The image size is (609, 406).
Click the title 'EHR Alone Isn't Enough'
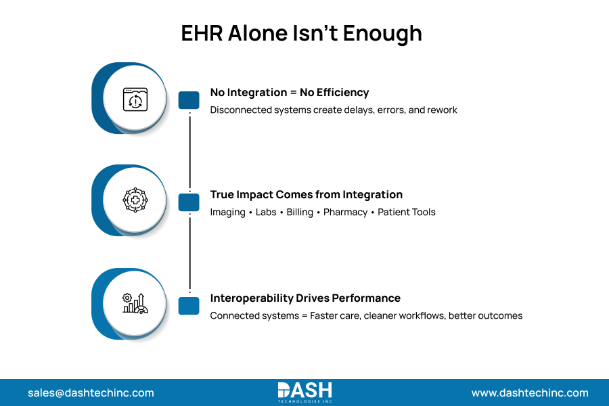point(301,33)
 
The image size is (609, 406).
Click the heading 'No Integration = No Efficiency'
point(290,92)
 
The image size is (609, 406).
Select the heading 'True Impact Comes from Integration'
point(306,195)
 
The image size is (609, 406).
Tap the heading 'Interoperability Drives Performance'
point(305,298)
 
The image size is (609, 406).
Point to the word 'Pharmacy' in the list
point(344,212)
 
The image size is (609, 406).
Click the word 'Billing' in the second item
point(300,212)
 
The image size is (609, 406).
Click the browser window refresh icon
point(134,99)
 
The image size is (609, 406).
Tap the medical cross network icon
point(134,201)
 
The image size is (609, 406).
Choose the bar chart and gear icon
point(134,304)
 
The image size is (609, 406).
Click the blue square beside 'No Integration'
point(189,100)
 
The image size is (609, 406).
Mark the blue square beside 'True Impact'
point(189,202)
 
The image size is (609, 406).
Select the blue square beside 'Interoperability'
point(189,306)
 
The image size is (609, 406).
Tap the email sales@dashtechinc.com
point(91,393)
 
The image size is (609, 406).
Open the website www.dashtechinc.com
point(530,393)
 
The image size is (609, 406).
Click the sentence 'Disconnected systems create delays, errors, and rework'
point(334,110)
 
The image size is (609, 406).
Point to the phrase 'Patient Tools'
point(407,212)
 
